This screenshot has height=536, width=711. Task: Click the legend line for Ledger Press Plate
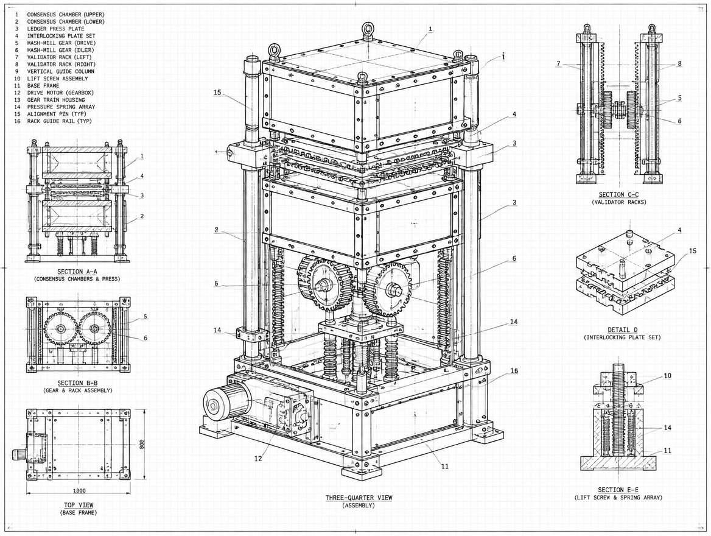pos(49,29)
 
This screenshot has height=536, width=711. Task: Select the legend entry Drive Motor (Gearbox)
pos(54,93)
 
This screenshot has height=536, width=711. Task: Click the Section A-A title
pos(77,272)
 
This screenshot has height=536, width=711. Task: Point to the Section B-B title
pos(77,383)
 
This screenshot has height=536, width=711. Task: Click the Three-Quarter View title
pos(359,498)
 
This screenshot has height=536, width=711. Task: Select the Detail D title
pos(622,330)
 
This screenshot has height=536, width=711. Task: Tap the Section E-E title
pos(618,490)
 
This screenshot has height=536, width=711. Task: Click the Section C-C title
pos(618,194)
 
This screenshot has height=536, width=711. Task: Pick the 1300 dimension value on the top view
pos(79,490)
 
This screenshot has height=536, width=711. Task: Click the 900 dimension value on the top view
pos(142,444)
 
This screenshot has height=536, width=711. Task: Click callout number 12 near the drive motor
pos(258,459)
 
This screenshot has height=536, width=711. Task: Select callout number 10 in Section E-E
pos(667,376)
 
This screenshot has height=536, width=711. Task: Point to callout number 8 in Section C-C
pos(679,63)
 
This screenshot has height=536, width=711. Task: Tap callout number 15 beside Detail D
pos(692,251)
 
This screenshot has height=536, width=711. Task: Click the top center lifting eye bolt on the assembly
pos(366,29)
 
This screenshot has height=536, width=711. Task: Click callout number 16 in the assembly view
pos(514,371)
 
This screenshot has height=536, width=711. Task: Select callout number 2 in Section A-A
pos(142,216)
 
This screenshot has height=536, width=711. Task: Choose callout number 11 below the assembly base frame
pos(445,466)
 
